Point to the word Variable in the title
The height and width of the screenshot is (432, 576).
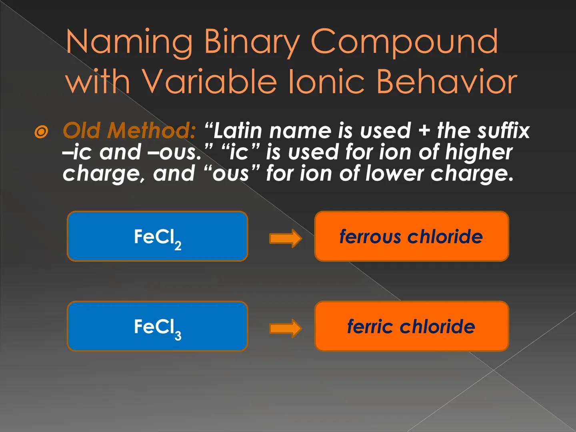tap(208, 82)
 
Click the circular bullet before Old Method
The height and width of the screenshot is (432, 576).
tap(42, 132)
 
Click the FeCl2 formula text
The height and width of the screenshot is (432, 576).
tap(158, 238)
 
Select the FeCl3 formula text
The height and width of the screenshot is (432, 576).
tap(158, 328)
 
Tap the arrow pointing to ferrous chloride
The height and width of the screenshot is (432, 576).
tap(285, 238)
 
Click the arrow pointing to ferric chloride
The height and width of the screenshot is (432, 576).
tap(285, 328)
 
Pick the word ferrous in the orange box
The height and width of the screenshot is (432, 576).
tap(370, 236)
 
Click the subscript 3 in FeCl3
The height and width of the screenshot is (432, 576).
tap(178, 335)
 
